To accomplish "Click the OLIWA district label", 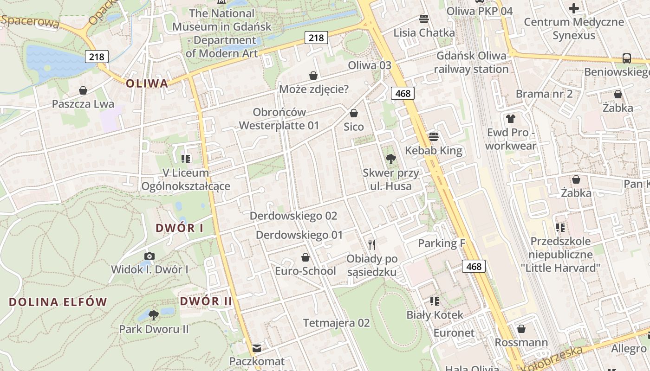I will pos(147,83).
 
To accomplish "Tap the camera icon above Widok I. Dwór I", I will pos(149,256).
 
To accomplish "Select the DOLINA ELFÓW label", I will pos(58,302).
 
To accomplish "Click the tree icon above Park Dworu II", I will pos(154,315).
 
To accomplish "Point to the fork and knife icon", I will pos(371,244).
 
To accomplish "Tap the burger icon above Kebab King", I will pos(434,137).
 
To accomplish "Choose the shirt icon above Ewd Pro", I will pos(511,119).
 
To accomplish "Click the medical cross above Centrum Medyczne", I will pos(574,8).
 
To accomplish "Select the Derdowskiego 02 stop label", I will pos(293,216).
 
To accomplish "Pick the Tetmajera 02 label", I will pos(337,323).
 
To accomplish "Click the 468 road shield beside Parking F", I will pos(474,266).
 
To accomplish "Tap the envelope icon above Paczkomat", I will pos(257,348).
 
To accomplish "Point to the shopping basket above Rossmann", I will pos(521,329).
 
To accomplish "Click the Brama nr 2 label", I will pos(544,94).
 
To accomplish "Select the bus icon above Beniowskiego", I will pos(627,58).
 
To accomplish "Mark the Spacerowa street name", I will pos(30,21).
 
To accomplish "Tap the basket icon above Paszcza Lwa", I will pos(83,90).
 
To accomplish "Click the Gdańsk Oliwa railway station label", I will pos(472,63).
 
